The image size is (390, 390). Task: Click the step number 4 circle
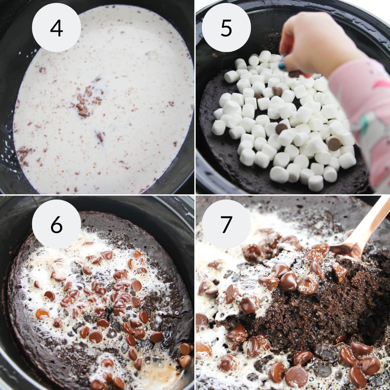[56, 28]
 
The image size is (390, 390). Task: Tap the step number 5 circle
[226, 28]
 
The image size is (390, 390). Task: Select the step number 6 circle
[56, 224]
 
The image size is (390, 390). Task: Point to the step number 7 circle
[226, 224]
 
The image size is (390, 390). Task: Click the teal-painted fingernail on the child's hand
[282, 66]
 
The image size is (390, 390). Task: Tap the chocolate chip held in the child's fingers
[294, 74]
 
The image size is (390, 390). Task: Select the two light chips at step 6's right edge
[185, 354]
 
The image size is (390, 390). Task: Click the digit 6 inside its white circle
[56, 224]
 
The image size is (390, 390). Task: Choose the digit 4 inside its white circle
[56, 28]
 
